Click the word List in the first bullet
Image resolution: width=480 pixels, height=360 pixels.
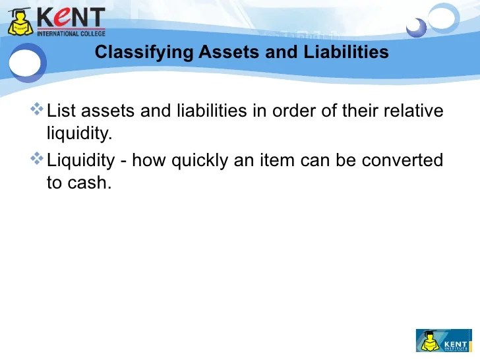tap(61, 111)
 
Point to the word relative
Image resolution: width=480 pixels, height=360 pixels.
tap(412, 111)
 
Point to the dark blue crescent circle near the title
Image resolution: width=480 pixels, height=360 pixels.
tap(416, 28)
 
